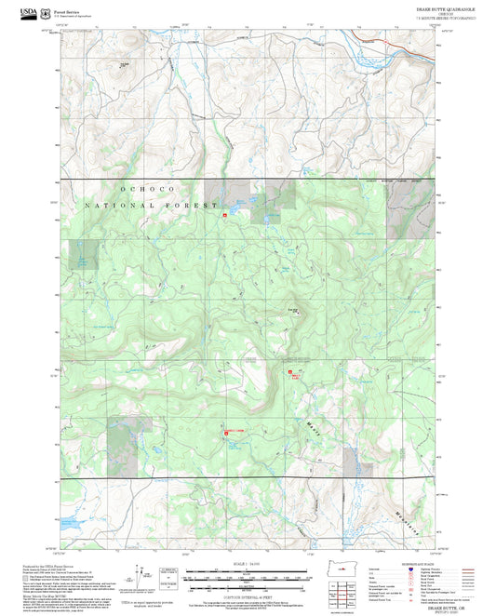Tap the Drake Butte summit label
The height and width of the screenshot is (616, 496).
(x=294, y=309)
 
